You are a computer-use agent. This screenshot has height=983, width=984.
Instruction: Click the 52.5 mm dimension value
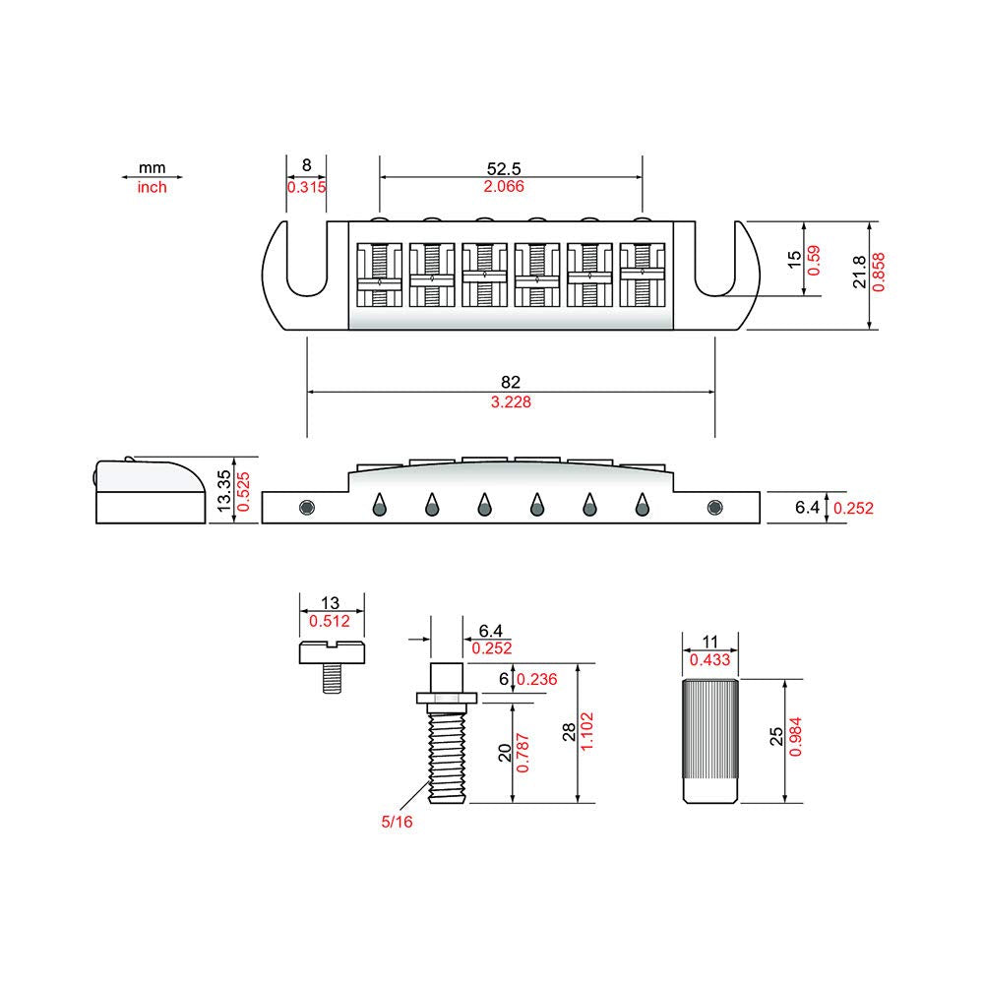[504, 168]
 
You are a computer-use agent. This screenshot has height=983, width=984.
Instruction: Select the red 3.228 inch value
[511, 401]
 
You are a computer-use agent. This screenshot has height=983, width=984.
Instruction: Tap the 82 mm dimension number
[511, 382]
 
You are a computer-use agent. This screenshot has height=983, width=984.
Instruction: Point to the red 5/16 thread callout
[397, 822]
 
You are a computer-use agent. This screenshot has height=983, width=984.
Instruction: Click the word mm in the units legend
[152, 167]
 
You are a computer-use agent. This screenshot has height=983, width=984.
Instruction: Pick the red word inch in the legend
[152, 187]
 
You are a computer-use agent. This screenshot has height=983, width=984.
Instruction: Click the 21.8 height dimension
[860, 272]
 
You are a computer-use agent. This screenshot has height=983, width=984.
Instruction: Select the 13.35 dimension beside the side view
[224, 491]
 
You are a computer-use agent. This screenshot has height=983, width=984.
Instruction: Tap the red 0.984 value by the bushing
[795, 736]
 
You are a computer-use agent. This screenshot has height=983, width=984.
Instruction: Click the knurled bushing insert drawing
[710, 741]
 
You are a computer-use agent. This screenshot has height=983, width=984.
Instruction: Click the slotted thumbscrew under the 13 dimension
[332, 666]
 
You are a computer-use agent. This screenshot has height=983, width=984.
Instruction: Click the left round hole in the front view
[307, 507]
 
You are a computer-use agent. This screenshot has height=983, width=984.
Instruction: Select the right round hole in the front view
[714, 507]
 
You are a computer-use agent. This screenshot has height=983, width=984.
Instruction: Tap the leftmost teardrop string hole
[379, 505]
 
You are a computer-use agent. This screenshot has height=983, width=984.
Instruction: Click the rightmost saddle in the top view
[642, 275]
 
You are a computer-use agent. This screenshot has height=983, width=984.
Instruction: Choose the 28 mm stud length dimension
[569, 732]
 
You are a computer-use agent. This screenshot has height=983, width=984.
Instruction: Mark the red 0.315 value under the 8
[306, 187]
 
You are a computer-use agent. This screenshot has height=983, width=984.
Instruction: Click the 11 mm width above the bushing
[709, 642]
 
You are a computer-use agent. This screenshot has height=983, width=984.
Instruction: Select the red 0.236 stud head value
[537, 679]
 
